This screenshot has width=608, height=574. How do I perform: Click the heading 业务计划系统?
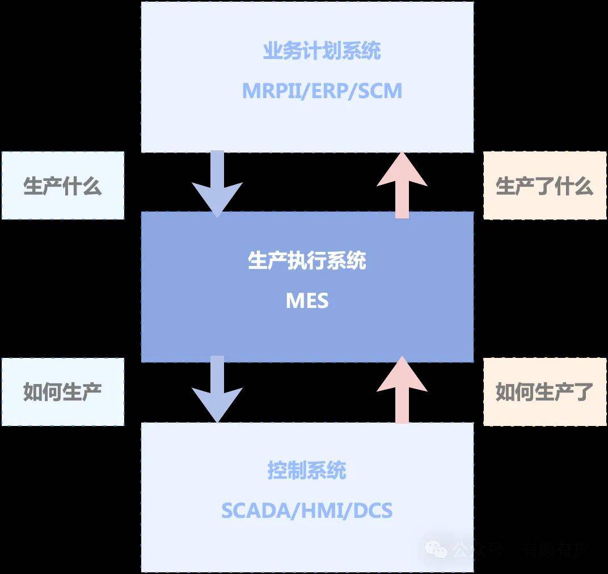tap(322, 51)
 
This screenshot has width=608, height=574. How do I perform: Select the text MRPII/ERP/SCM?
tap(322, 91)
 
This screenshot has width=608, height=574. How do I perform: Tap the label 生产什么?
tap(62, 186)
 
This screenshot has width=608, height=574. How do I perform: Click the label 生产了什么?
tap(544, 186)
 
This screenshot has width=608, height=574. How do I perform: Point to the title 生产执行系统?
tap(307, 260)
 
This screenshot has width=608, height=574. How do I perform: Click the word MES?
tap(307, 301)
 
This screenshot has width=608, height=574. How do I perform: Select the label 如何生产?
tap(62, 392)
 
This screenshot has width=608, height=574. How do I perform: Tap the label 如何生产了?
tap(544, 392)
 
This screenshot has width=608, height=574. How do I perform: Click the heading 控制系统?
tap(307, 471)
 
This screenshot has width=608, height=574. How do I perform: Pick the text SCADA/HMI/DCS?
tap(307, 510)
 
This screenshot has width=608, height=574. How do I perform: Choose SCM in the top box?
tap(379, 91)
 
